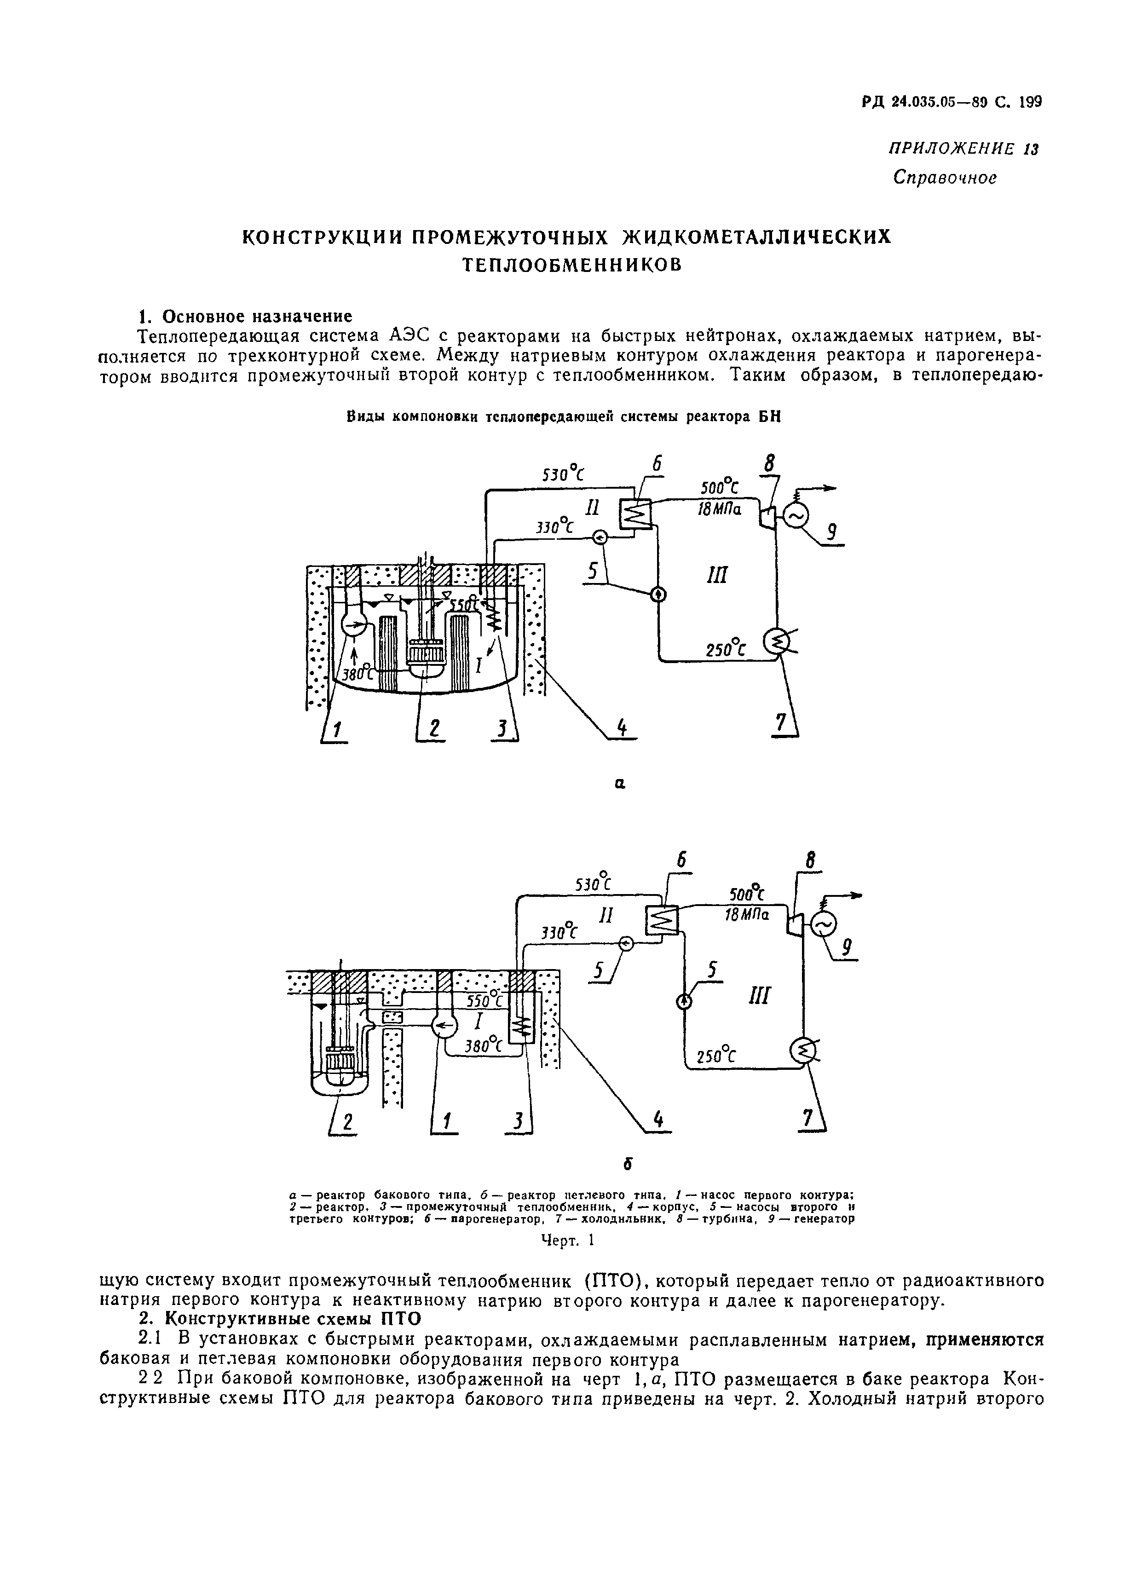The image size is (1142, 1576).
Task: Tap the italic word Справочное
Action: point(945,178)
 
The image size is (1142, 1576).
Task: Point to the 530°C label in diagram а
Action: point(563,474)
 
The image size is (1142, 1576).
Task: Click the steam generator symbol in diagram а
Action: point(634,515)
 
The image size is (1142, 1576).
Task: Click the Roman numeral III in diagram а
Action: point(716,575)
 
